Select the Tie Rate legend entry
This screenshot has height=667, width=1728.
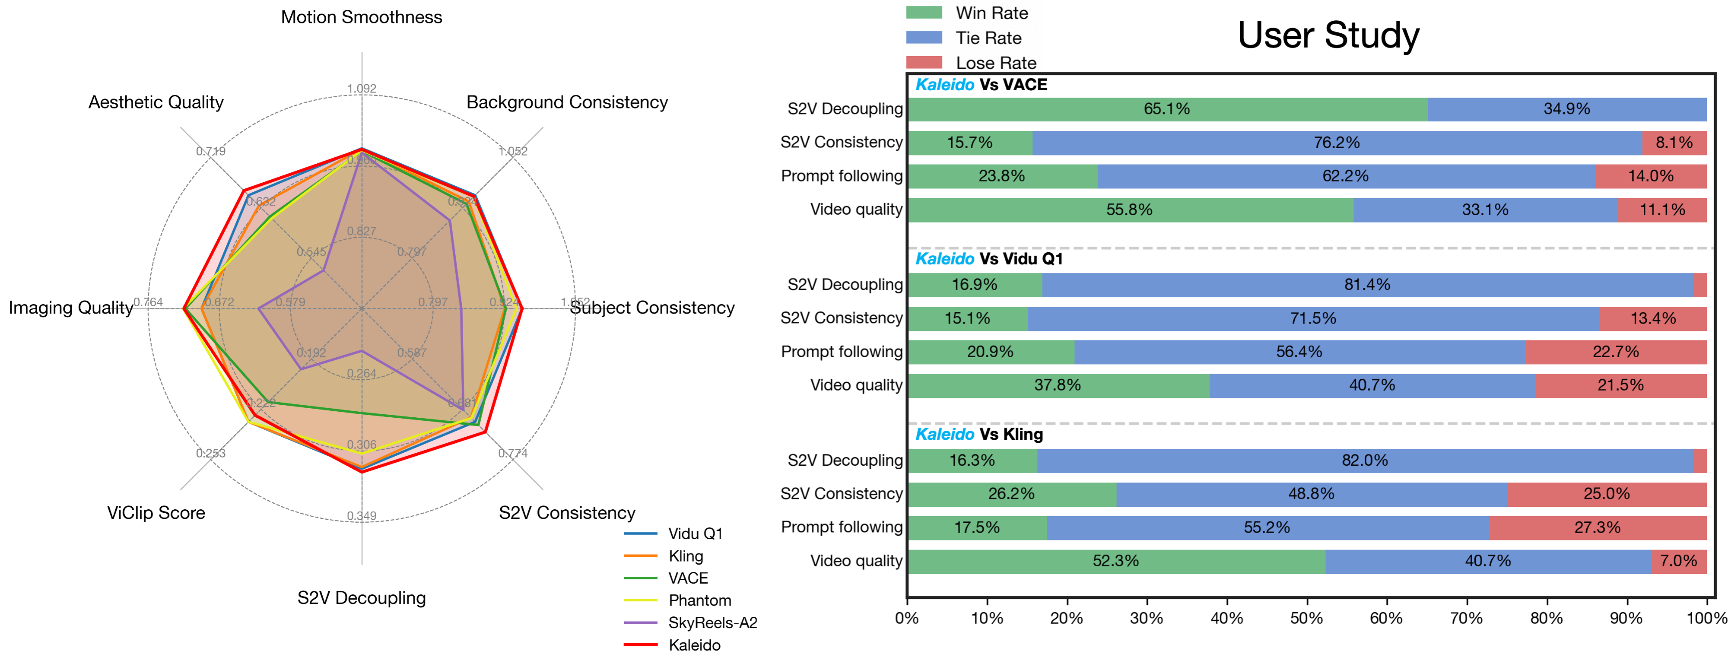tap(988, 38)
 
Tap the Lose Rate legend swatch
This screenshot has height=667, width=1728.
tap(924, 62)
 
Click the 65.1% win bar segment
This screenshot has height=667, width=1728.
tap(1167, 109)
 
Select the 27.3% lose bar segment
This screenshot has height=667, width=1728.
tap(1597, 527)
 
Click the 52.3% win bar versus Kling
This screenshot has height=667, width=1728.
tap(1115, 561)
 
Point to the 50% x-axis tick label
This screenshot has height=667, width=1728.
tap(1306, 618)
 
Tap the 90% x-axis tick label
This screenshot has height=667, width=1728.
tap(1626, 618)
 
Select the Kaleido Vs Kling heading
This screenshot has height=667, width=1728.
tap(979, 434)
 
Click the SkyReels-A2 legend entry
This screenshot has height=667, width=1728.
tap(712, 623)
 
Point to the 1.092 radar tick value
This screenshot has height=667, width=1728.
tap(362, 89)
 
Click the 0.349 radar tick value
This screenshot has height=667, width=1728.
tap(362, 516)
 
